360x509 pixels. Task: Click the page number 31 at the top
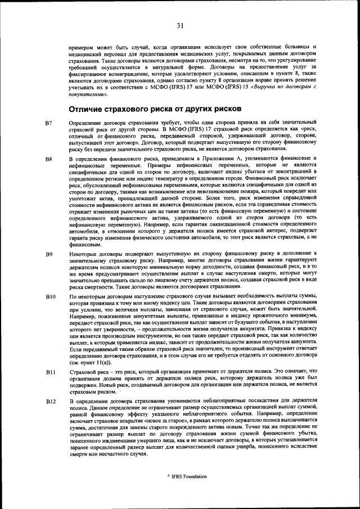coord(180,25)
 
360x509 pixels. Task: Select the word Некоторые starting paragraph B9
coord(81,254)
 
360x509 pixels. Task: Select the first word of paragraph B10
coord(71,296)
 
